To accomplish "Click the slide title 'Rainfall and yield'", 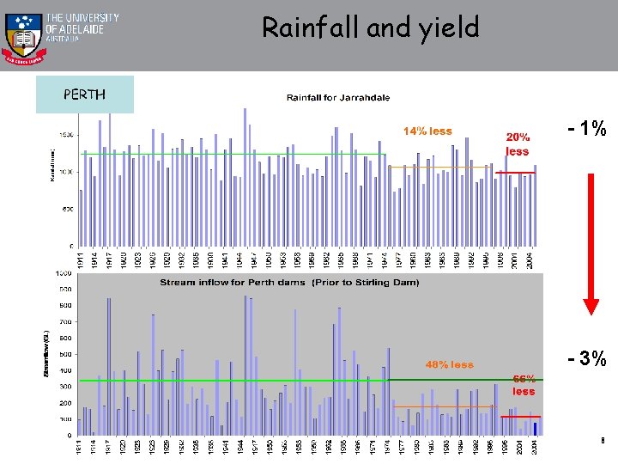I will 370,28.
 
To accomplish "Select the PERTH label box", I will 84,95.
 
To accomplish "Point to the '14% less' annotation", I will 427,131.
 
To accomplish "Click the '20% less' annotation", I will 518,144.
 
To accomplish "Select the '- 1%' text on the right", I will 588,130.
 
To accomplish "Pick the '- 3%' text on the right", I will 588,358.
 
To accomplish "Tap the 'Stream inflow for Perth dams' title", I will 289,282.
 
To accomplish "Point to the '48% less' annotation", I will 449,364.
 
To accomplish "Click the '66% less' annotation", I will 524,384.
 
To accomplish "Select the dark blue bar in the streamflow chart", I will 535,428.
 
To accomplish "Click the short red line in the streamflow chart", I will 519,416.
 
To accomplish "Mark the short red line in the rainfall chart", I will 515,173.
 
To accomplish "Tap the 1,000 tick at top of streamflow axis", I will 64,273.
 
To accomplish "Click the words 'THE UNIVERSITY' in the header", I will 82,17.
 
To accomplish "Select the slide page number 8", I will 603,441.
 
